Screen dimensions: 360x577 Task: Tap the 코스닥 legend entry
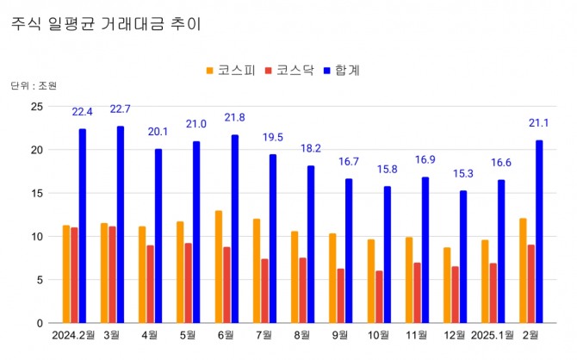[x=290, y=70]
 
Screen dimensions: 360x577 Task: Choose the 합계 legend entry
[x=344, y=70]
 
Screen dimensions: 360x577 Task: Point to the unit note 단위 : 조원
[x=34, y=86]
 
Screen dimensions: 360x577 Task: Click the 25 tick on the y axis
[x=37, y=106]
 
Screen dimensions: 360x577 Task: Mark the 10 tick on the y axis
[x=37, y=236]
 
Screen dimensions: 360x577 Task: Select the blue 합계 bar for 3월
[x=121, y=224]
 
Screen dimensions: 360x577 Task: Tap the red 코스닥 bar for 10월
[x=379, y=296]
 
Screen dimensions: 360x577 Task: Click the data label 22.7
[x=121, y=109]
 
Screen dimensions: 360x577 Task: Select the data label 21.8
[x=235, y=117]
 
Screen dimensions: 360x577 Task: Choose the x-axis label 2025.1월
[x=493, y=335]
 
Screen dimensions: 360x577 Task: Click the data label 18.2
[x=311, y=148]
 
